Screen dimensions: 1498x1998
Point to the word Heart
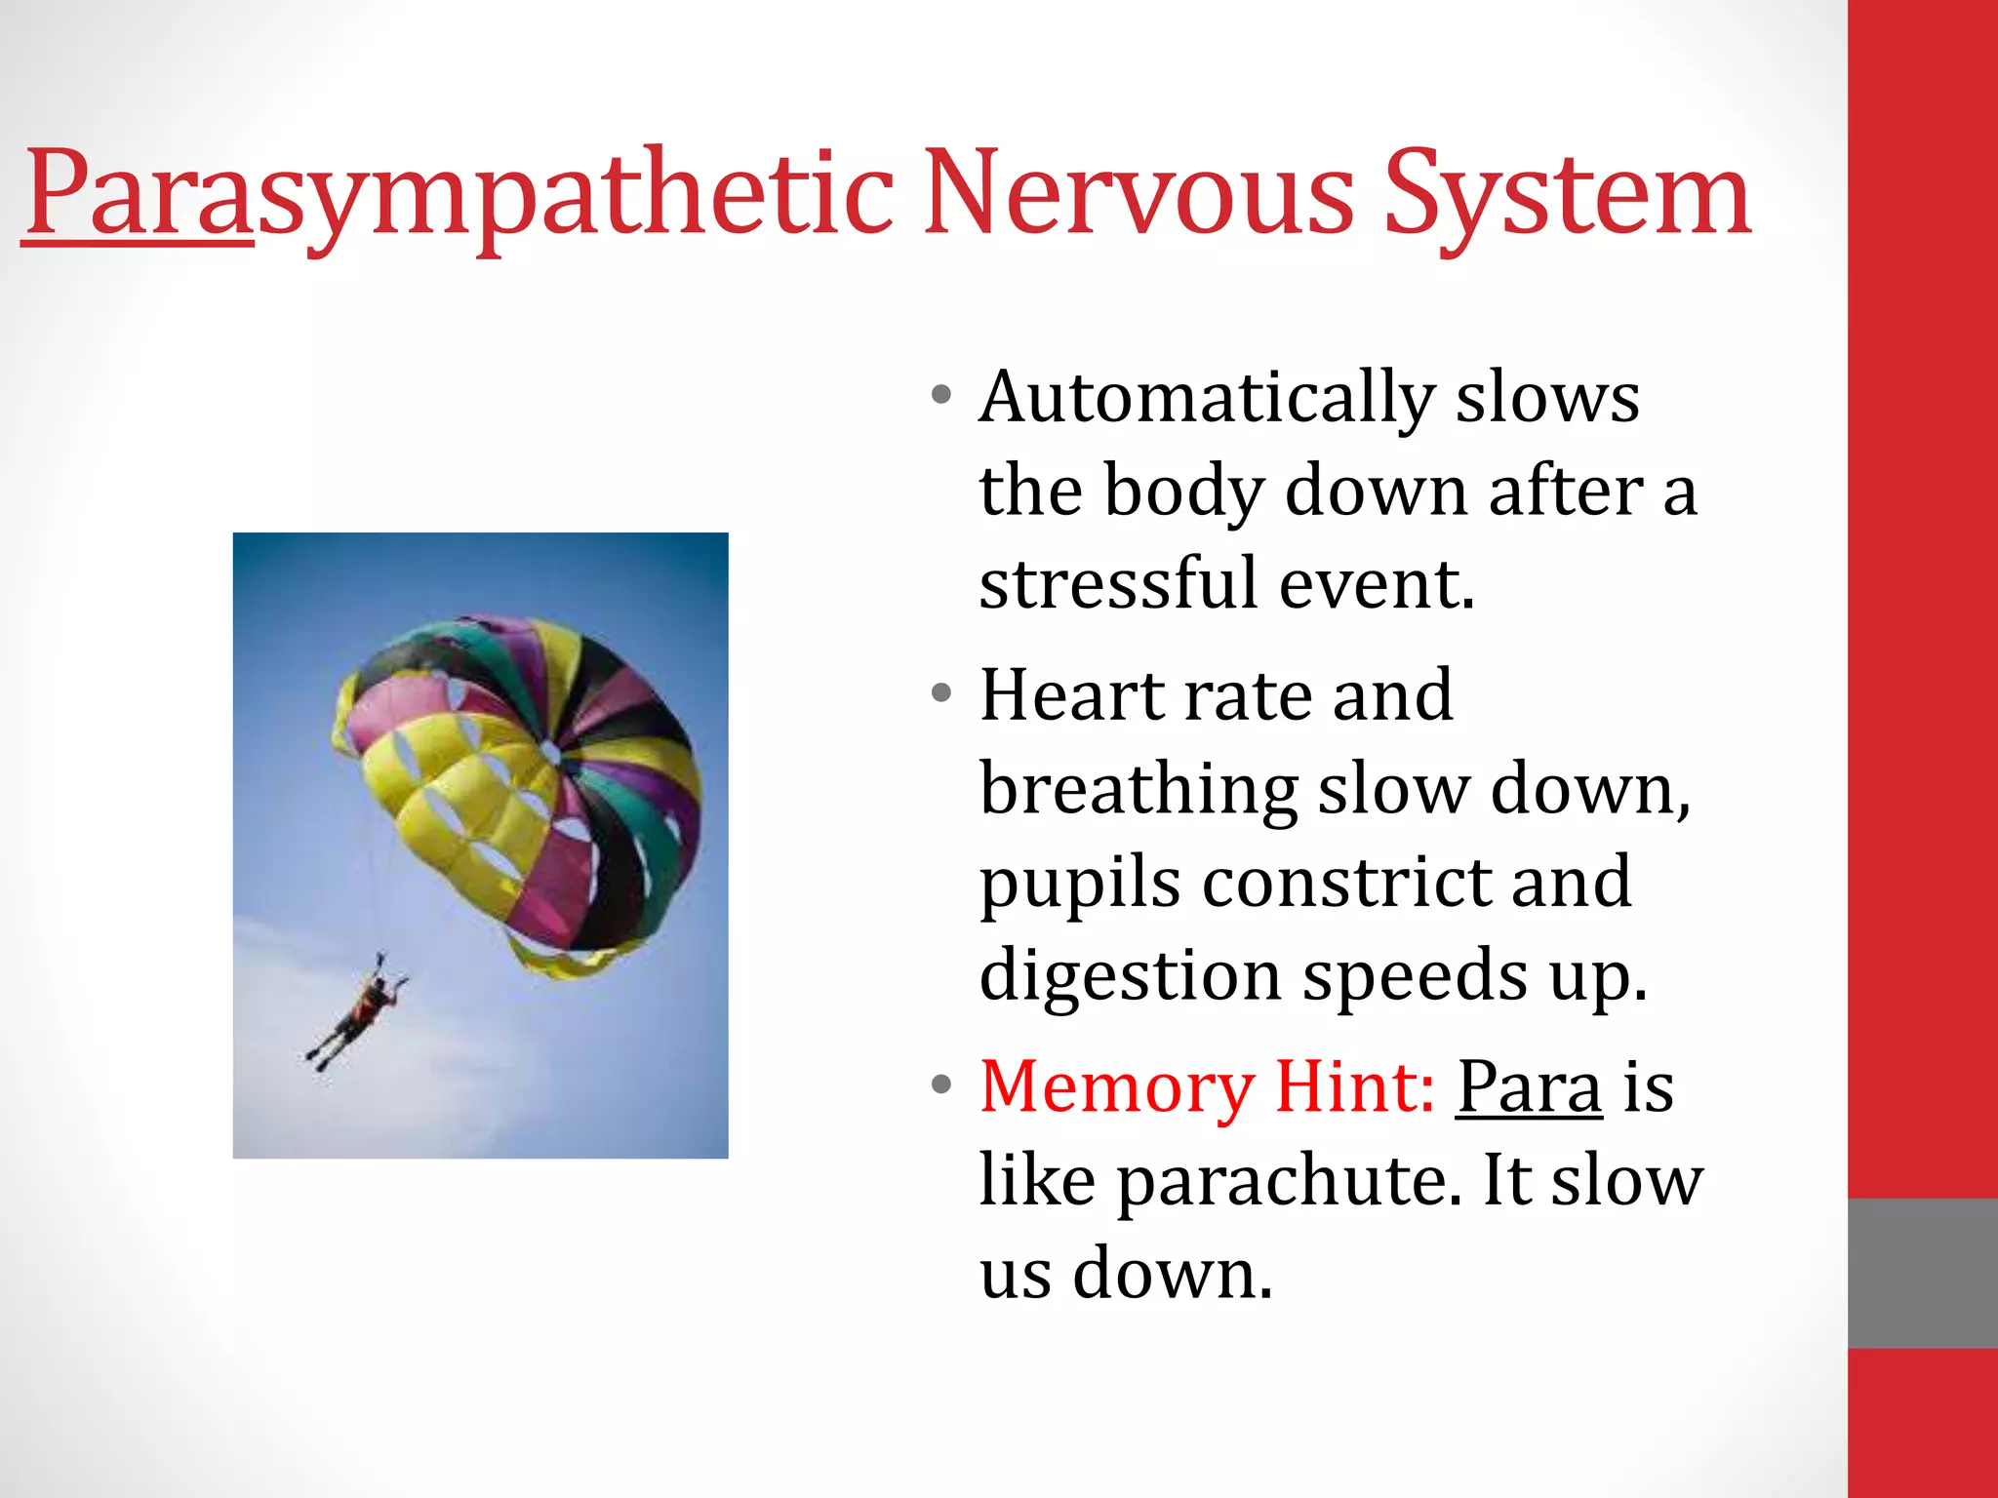point(1072,695)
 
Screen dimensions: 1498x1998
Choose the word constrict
point(1345,882)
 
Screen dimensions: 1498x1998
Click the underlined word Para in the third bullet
point(1529,1088)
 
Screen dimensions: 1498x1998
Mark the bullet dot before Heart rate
point(940,694)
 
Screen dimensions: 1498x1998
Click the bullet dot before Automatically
point(940,396)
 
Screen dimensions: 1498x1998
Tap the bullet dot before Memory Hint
point(940,1085)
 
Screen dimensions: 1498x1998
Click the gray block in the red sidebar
point(1922,1273)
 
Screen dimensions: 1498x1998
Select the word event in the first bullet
point(1377,583)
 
